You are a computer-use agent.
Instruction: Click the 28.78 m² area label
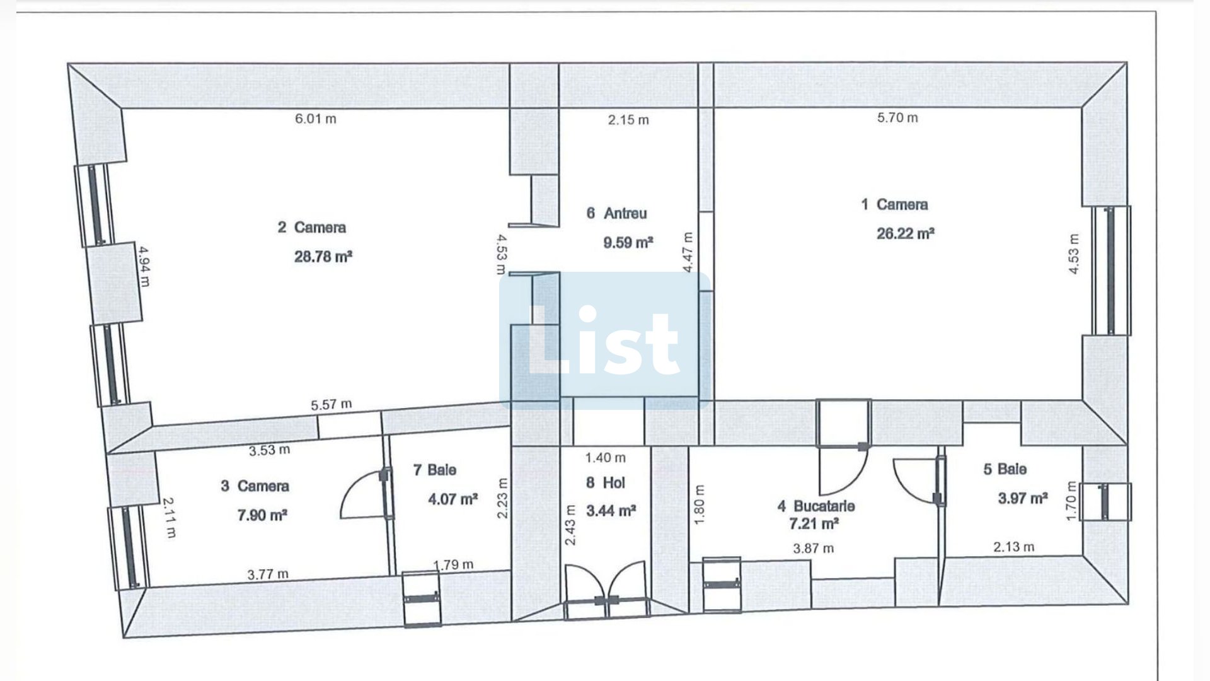coord(323,257)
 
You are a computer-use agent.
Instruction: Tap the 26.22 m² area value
coord(905,233)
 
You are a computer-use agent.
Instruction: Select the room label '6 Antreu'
coord(616,213)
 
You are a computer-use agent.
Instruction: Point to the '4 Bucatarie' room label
coord(816,506)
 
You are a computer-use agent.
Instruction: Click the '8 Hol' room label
coord(605,483)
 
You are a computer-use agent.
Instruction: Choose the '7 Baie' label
coord(434,470)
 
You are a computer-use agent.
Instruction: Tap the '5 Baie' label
coord(1005,469)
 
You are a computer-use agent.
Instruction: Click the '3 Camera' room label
coord(255,486)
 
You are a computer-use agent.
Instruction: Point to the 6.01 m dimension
coord(316,119)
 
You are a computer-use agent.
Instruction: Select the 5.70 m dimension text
coord(897,117)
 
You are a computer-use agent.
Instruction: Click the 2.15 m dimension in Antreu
coord(628,120)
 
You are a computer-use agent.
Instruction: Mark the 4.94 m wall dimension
coord(144,266)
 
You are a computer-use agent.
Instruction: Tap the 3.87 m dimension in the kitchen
coord(813,549)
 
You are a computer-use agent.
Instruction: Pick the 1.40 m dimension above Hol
coord(605,458)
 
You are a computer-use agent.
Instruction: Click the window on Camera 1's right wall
coord(1112,271)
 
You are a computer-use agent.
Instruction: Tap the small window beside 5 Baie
coord(1105,502)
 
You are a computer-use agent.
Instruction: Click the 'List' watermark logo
coord(604,341)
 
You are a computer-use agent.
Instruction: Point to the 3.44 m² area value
coord(611,510)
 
